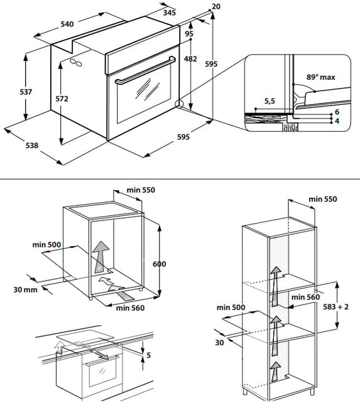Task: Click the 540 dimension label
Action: click(67, 24)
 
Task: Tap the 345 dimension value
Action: click(170, 13)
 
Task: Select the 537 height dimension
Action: click(26, 92)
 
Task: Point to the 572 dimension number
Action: click(62, 99)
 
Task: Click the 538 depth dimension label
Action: click(32, 146)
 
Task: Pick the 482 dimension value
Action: click(190, 59)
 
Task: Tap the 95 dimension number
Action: click(189, 34)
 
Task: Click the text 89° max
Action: click(320, 77)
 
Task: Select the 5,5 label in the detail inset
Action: click(270, 101)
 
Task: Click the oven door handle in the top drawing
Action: click(146, 70)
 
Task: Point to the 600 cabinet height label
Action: click(159, 264)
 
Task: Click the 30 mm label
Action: click(25, 289)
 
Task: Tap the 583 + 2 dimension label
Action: click(335, 307)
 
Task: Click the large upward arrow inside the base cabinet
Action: click(101, 257)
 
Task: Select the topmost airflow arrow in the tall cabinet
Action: click(275, 286)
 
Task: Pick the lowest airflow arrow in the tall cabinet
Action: click(275, 372)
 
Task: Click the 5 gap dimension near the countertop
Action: click(148, 355)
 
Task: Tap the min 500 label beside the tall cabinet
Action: click(231, 308)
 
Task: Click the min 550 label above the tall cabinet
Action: click(323, 199)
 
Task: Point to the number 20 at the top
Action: click(216, 6)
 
